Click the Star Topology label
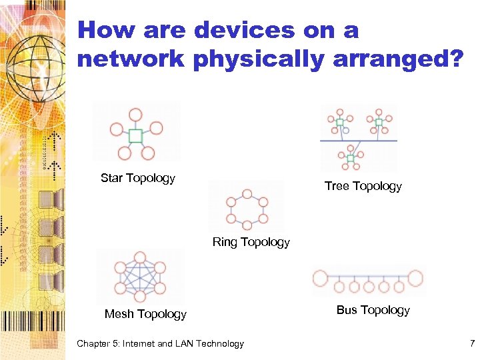(x=137, y=178)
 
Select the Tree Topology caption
(x=363, y=186)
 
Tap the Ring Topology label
(x=251, y=242)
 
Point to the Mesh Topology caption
(x=145, y=314)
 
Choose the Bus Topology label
(x=373, y=310)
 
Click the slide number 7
(x=472, y=344)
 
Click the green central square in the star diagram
(x=135, y=136)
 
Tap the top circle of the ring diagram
(x=247, y=194)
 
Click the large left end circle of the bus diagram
(x=321, y=277)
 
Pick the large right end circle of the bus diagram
(x=416, y=277)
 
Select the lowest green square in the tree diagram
(x=350, y=158)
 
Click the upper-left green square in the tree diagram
(x=339, y=122)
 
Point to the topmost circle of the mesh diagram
(x=140, y=257)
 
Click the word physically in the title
(x=257, y=59)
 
